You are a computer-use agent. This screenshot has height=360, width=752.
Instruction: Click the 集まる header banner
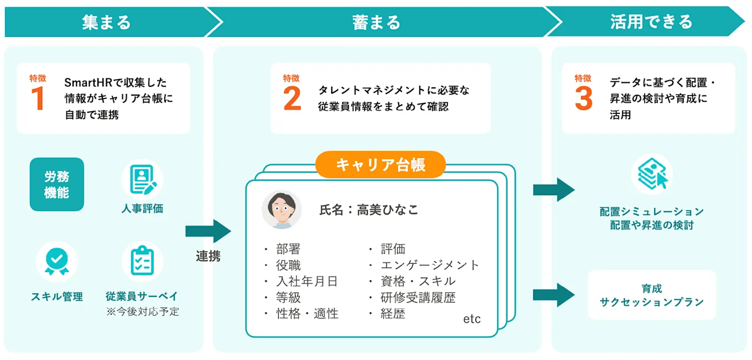click(106, 22)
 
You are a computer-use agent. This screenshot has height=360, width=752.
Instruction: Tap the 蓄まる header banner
click(376, 22)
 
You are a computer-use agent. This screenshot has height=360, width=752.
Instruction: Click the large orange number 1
click(38, 98)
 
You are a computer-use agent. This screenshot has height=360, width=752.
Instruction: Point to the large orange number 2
click(292, 98)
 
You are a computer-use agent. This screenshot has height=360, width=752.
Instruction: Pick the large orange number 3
click(583, 98)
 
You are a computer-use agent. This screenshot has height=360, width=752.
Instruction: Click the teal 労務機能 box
click(56, 185)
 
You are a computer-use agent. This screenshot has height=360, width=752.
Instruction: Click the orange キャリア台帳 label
click(380, 165)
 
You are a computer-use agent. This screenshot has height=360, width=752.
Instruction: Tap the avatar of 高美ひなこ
click(281, 210)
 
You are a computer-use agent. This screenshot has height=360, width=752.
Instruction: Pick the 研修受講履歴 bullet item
click(418, 298)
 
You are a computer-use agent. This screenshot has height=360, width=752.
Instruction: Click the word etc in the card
click(472, 319)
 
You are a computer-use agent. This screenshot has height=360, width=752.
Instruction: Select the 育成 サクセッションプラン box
click(651, 295)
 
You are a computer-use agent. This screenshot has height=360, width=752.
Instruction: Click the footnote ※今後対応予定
click(142, 311)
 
